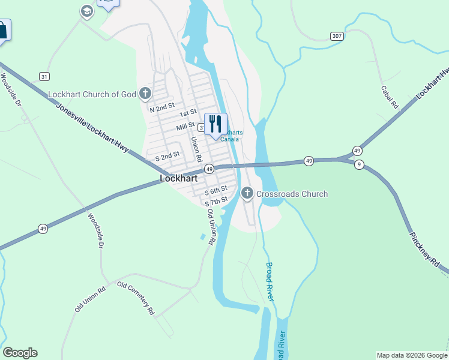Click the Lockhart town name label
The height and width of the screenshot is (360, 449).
click(178, 179)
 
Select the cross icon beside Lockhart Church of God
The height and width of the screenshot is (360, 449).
click(145, 94)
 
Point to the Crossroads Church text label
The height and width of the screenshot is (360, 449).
click(292, 194)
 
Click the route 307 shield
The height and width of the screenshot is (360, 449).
click(337, 36)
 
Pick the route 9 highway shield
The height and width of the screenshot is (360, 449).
click(358, 165)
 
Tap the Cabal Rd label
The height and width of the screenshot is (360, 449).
click(390, 97)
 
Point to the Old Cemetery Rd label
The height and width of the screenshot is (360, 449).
click(136, 298)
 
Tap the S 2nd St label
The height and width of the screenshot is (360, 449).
click(167, 155)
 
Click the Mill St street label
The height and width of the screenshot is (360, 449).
click(185, 127)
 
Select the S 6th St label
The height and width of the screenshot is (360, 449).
click(215, 190)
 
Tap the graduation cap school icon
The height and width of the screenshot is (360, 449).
click(87, 11)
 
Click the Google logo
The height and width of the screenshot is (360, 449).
click(20, 353)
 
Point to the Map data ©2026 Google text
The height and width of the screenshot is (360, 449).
click(412, 355)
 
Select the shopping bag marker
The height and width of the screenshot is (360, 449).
click(2, 30)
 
